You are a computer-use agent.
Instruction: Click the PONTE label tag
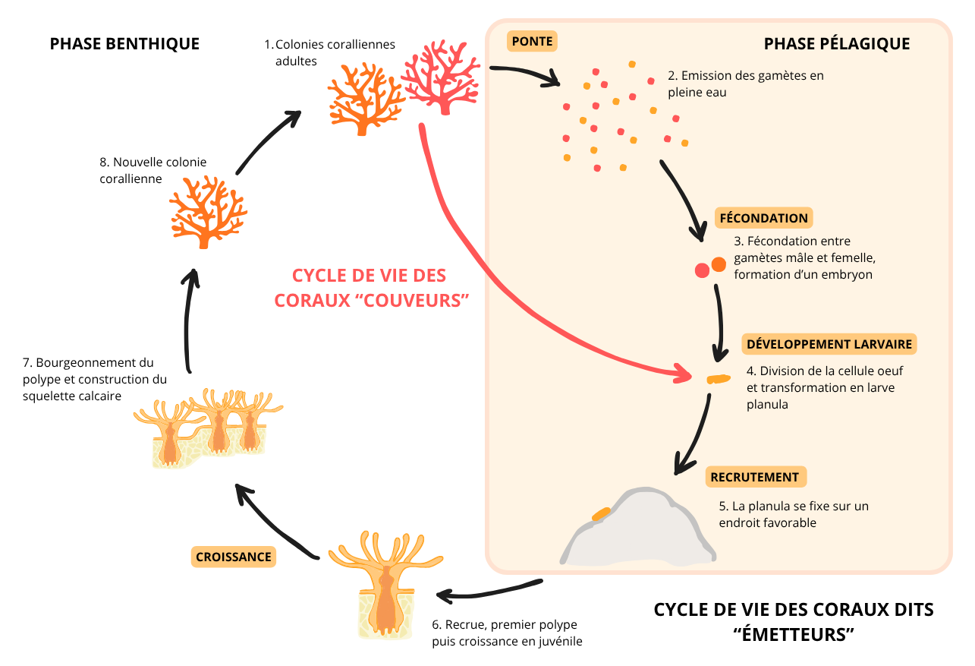click(x=532, y=41)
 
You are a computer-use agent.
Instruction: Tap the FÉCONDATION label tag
click(x=763, y=218)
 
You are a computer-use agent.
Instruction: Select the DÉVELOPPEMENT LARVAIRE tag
click(x=829, y=344)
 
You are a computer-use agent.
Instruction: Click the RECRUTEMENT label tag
click(x=755, y=478)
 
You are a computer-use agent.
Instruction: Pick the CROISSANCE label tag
click(x=233, y=557)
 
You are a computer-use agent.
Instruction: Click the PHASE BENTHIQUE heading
click(x=124, y=44)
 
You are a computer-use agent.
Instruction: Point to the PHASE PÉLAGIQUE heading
click(x=837, y=44)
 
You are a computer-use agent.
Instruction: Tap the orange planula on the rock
click(x=601, y=514)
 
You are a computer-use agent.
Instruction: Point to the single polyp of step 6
click(x=385, y=585)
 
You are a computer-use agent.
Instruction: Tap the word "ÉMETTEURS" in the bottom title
click(x=793, y=633)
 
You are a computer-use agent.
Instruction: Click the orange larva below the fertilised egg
click(x=717, y=379)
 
